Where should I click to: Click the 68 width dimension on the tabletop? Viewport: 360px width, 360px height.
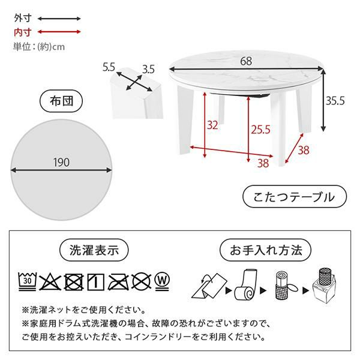tap(246, 61)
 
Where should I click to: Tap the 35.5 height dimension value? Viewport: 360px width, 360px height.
tap(335, 101)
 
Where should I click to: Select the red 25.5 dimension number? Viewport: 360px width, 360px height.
tap(260, 130)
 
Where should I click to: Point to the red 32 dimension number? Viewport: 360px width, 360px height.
tap(212, 125)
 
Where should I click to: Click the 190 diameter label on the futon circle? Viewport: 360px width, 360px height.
tap(61, 163)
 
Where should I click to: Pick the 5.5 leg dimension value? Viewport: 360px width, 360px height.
tap(109, 67)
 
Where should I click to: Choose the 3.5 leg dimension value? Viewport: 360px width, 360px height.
tap(148, 69)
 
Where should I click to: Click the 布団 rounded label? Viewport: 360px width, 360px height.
tap(61, 101)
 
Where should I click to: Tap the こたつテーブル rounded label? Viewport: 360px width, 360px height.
tap(295, 197)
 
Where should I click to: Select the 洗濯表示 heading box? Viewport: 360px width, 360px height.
tap(94, 250)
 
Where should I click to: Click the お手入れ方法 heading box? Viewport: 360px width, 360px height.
tap(265, 250)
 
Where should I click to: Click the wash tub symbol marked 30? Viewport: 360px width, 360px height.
tap(28, 281)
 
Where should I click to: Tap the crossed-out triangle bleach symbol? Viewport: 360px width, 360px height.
tap(50, 282)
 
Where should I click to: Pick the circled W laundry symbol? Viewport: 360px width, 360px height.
tap(163, 282)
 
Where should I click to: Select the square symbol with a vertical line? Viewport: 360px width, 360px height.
tap(96, 282)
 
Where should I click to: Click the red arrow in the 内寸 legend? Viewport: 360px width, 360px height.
tap(59, 32)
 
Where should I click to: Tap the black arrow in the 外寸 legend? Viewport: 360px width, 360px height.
tap(59, 19)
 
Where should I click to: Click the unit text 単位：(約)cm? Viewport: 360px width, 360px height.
tap(39, 47)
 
